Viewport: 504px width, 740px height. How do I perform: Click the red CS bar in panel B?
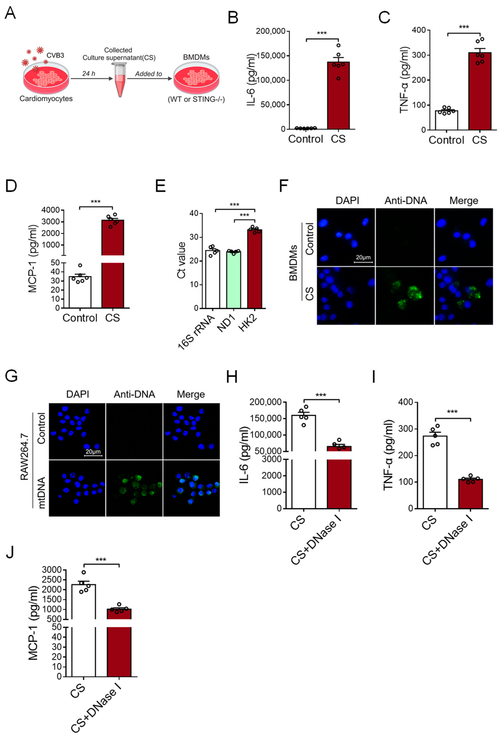point(338,95)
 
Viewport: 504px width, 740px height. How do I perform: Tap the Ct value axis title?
point(181,260)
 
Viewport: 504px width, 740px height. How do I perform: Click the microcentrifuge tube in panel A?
point(119,80)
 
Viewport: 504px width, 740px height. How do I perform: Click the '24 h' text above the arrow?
point(89,74)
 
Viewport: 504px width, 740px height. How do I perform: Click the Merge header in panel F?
point(464,201)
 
